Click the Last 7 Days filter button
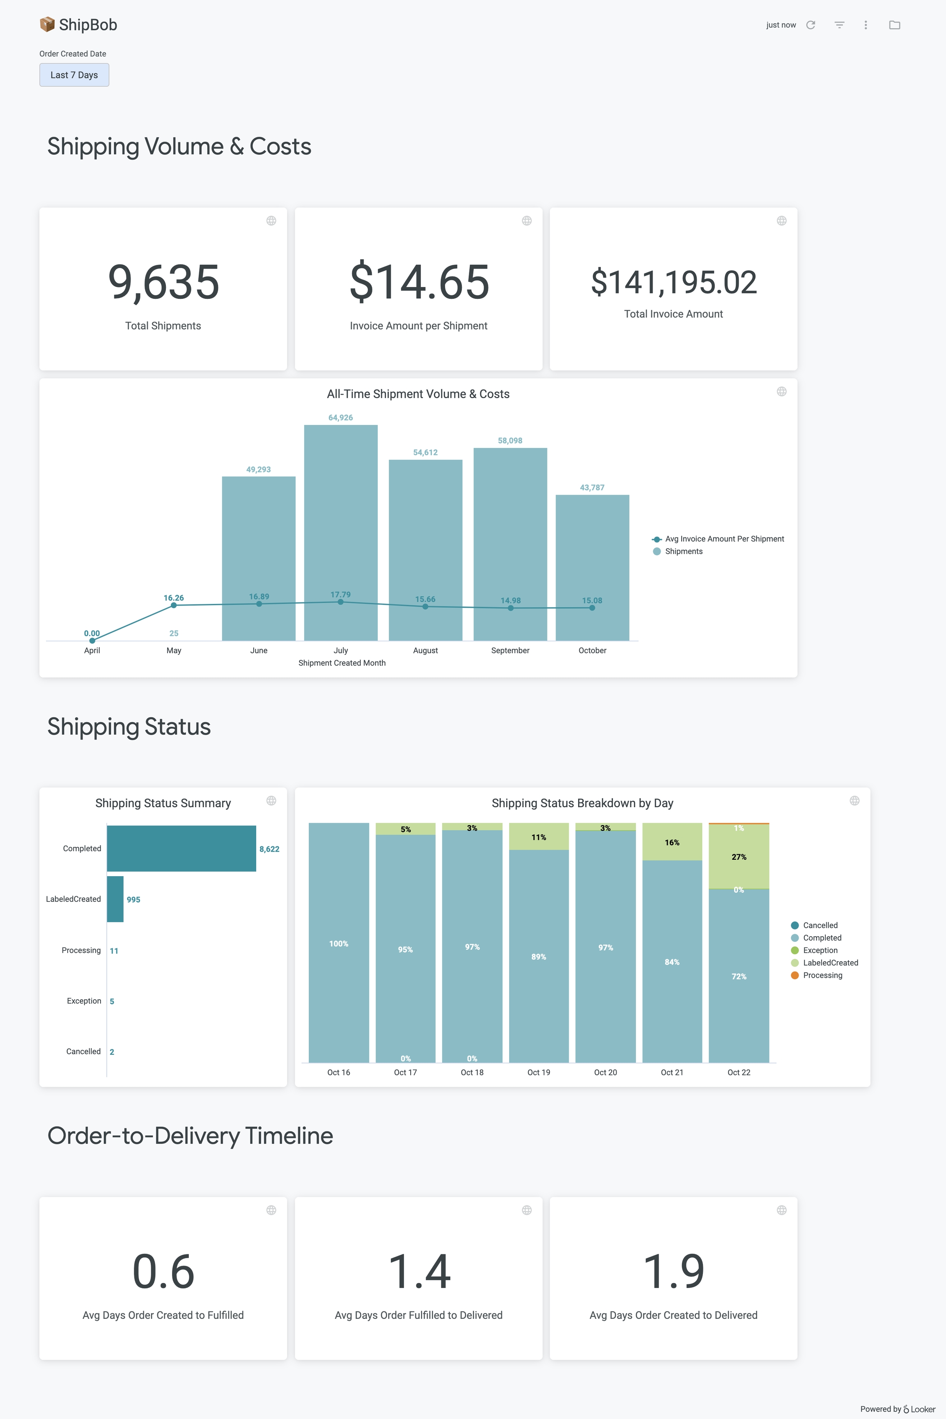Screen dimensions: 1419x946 point(74,75)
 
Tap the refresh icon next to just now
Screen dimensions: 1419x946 point(810,25)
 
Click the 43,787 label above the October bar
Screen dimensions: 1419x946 point(592,487)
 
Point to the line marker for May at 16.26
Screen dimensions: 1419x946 point(174,605)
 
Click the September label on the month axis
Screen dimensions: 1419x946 point(510,650)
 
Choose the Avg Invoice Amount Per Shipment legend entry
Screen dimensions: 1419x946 point(724,539)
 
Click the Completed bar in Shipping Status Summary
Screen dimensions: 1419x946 point(181,848)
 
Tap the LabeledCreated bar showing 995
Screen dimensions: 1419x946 point(115,899)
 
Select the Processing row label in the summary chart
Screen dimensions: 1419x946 point(81,950)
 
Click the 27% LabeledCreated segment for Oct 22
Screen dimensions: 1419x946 point(739,857)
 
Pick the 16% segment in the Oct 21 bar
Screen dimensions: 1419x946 point(672,842)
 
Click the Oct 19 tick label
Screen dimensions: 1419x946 point(539,1072)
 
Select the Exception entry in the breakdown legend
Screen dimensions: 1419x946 point(820,950)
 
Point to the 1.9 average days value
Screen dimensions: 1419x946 point(673,1272)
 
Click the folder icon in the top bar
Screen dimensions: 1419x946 point(894,25)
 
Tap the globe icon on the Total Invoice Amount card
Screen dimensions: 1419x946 point(781,221)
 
